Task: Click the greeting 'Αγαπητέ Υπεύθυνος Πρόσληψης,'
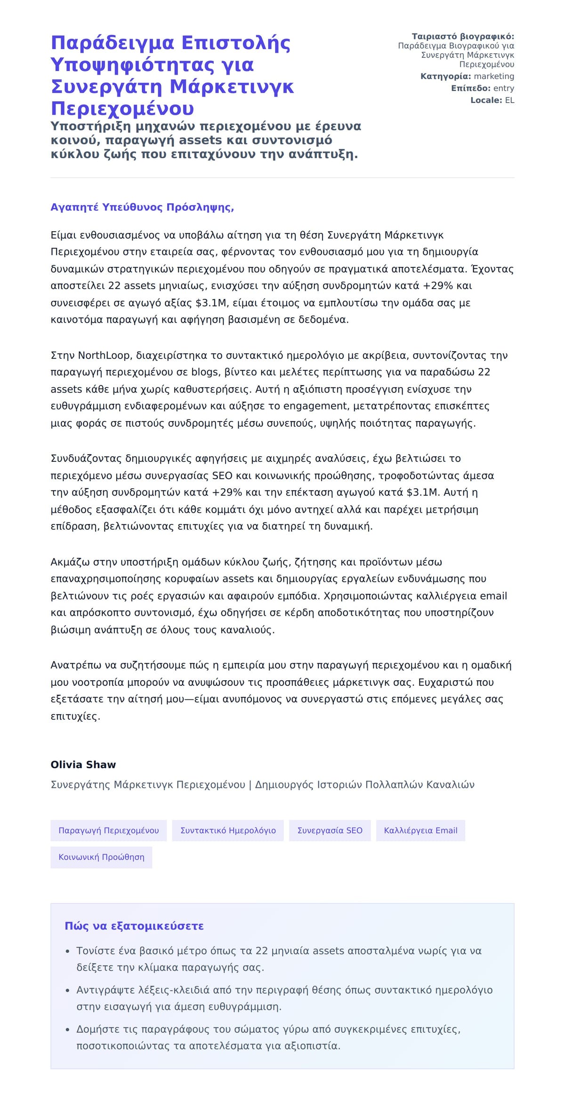142,208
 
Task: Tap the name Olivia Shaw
83,764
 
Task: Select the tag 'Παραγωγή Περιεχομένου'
108,830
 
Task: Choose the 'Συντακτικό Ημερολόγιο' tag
228,830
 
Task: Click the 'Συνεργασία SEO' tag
330,830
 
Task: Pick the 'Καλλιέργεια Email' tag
420,830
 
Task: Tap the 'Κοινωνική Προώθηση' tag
101,857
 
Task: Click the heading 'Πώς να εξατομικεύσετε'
134,926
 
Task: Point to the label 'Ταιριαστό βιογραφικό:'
463,36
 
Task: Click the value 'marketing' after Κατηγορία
494,76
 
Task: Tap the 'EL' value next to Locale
509,100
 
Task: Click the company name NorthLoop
104,355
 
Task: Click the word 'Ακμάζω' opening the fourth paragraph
70,562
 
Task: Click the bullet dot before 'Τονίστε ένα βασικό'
68,951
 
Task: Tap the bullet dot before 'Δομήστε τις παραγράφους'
68,1030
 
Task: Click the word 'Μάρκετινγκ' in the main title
231,87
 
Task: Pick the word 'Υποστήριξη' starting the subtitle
84,126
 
